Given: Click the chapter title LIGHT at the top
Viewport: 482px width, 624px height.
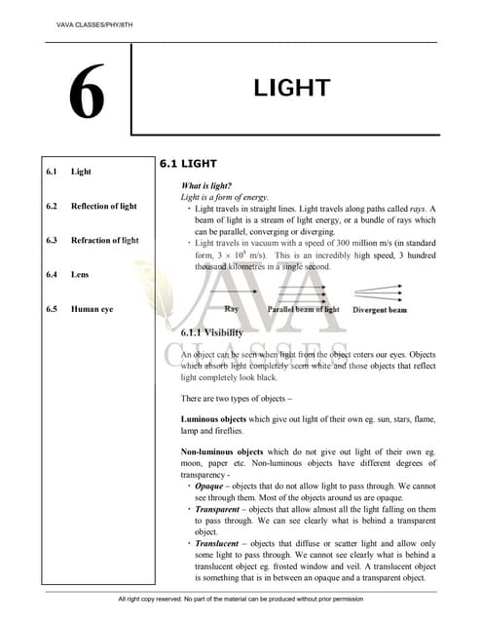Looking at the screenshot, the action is point(293,89).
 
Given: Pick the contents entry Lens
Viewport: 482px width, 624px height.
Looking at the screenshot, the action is point(80,274).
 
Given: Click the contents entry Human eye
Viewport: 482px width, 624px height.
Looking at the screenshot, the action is point(93,309).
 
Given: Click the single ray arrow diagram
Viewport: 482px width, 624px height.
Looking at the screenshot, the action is point(232,291).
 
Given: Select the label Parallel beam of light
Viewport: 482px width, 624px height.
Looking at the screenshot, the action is point(304,309).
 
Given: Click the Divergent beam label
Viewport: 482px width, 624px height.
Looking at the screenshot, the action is point(380,309).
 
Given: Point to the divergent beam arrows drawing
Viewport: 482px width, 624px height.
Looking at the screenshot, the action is point(379,292).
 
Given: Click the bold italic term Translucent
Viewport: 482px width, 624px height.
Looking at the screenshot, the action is point(217,543).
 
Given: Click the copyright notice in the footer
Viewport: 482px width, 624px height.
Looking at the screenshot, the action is point(240,599).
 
